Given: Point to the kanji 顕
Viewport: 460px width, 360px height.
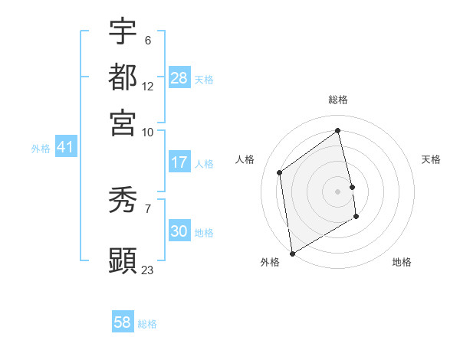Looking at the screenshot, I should click(x=123, y=260).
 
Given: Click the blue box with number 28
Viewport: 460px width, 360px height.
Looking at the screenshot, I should click(x=179, y=78).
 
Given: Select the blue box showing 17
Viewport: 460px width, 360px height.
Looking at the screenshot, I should click(x=179, y=162).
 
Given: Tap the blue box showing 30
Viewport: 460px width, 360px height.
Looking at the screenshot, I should click(x=179, y=231).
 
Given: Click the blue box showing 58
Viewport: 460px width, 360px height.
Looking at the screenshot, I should click(x=123, y=322).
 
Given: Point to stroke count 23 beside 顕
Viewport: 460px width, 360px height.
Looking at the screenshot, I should click(x=148, y=270).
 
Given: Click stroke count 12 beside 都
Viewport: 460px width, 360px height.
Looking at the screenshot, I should click(x=148, y=86).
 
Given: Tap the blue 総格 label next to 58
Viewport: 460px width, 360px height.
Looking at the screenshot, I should click(x=147, y=324).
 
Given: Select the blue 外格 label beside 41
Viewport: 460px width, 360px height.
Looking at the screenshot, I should click(x=41, y=149).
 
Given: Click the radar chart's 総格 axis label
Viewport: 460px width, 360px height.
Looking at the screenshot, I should click(x=338, y=100).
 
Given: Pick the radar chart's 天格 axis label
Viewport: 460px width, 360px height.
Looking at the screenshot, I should click(x=431, y=159).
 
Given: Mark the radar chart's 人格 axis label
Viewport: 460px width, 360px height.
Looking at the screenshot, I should click(x=245, y=159).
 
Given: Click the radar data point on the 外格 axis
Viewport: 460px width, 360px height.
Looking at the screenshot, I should click(x=292, y=253).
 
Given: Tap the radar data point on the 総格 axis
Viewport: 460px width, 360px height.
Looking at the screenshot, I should click(x=338, y=130).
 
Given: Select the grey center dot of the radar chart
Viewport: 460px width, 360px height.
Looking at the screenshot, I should click(x=338, y=191).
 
